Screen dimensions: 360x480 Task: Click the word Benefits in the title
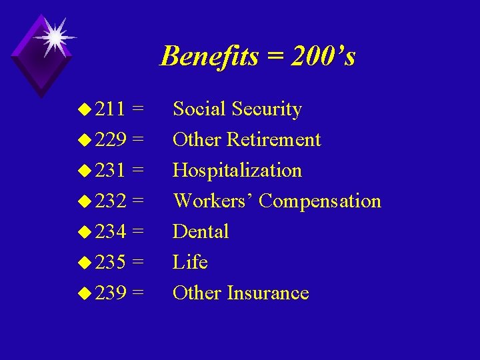click(210, 56)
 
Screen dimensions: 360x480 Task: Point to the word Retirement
click(274, 140)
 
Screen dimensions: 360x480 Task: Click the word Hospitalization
click(237, 171)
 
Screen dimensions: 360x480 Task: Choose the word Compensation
click(320, 201)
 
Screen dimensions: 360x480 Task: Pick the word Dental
click(201, 232)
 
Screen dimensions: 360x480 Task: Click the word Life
click(190, 263)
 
